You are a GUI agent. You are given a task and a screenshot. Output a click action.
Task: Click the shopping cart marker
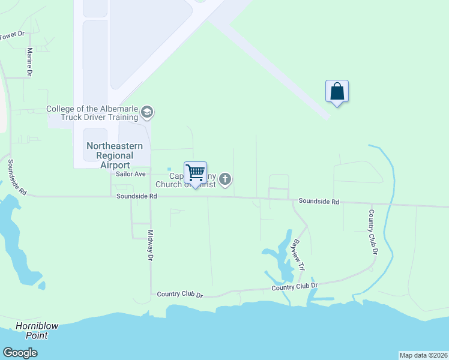click(x=195, y=173)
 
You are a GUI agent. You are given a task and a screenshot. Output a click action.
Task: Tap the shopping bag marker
click(x=337, y=92)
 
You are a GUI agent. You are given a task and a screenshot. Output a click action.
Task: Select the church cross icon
click(x=225, y=179)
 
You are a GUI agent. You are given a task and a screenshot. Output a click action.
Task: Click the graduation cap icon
click(x=147, y=112)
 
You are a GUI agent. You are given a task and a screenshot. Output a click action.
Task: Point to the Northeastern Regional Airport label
click(x=115, y=155)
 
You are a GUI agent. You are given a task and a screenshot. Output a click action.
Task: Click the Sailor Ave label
click(x=131, y=174)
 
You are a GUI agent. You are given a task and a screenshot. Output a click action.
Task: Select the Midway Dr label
click(x=151, y=246)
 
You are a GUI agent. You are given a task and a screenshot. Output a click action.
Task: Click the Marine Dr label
click(x=29, y=62)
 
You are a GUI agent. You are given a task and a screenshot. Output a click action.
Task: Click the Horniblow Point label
click(x=37, y=331)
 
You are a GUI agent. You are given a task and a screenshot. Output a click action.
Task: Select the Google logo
click(x=20, y=353)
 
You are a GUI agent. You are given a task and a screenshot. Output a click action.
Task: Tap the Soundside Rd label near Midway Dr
click(x=137, y=196)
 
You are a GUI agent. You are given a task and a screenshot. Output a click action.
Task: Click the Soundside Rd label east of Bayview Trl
click(x=319, y=202)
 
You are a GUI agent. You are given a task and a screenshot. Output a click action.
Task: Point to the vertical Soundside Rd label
click(x=16, y=178)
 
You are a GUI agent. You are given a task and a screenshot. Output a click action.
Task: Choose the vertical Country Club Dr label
click(x=373, y=232)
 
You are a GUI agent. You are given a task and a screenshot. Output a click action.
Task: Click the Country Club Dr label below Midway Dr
click(x=180, y=295)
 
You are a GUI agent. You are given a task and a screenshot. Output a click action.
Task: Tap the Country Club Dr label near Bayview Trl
click(x=294, y=287)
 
